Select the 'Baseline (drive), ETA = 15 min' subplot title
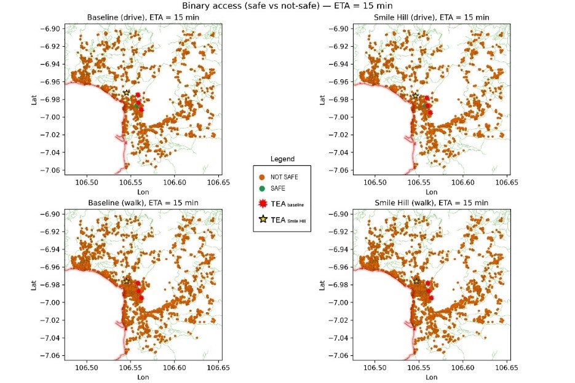pos(140,17)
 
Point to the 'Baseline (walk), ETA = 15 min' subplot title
pos(140,202)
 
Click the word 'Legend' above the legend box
pos(282,159)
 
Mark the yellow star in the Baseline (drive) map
pos(127,93)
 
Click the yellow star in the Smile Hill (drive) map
pos(416,96)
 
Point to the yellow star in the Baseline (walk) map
pos(127,280)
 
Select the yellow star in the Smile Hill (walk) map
pos(416,280)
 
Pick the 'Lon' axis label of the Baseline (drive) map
pos(140,192)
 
